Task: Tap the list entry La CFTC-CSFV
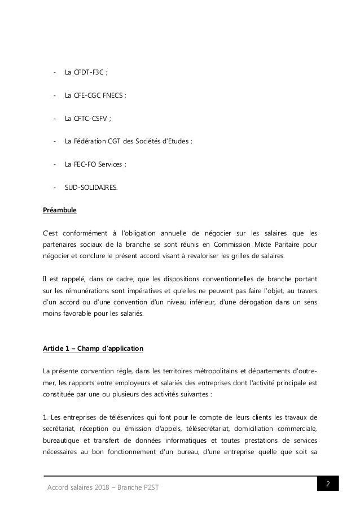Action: pyautogui.click(x=87, y=119)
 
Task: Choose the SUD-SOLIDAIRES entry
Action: pyautogui.click(x=92, y=189)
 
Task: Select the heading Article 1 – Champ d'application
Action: pyautogui.click(x=93, y=348)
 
